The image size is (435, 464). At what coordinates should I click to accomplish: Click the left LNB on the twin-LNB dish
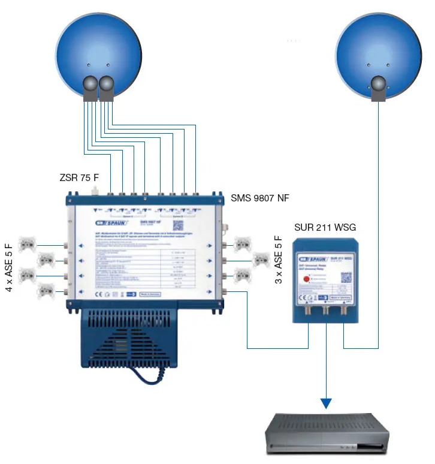90,88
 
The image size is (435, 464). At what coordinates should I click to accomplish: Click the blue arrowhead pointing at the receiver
326,402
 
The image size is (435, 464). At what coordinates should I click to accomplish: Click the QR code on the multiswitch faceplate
177,225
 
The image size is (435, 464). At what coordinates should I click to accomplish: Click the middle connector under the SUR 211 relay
326,312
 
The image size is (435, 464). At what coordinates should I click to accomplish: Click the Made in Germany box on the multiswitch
152,295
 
